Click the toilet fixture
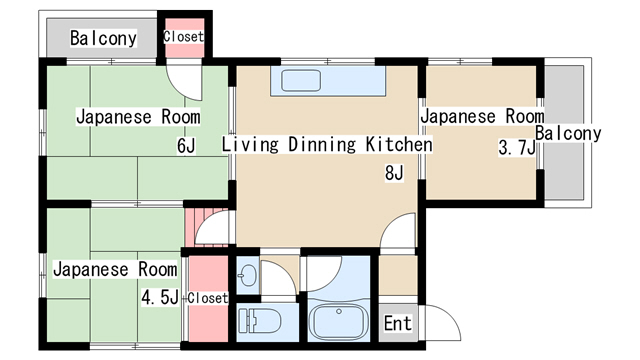coord(260,321)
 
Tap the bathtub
coord(338,321)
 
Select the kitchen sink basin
coord(301,80)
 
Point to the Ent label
coord(398,323)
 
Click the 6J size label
coord(186,145)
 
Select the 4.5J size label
coord(160,297)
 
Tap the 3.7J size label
coord(516,147)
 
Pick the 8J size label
coord(394,173)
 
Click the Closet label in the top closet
coord(183,37)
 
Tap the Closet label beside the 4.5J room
coord(207,298)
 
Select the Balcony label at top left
coord(103,38)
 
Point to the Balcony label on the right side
coord(568,133)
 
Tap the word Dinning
coord(322,145)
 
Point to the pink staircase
coord(207,228)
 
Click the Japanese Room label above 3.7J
coord(482,116)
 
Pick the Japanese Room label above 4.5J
coord(115,269)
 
